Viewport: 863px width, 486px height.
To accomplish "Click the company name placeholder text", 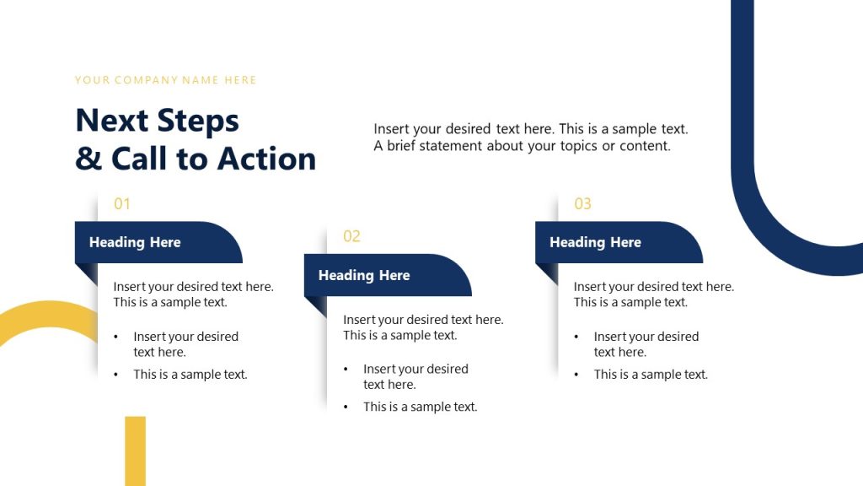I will [165, 80].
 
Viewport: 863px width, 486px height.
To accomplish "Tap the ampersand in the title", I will [88, 159].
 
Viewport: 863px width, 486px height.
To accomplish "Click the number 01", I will [122, 203].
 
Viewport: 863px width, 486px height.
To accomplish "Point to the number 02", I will [351, 236].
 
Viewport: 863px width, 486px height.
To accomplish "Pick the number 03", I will [582, 203].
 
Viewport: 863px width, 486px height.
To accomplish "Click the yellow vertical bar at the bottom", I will [135, 451].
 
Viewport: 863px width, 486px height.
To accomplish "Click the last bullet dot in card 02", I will [346, 408].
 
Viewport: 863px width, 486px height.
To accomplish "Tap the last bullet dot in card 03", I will [577, 375].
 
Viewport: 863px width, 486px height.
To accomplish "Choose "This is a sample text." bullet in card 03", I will [651, 375].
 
